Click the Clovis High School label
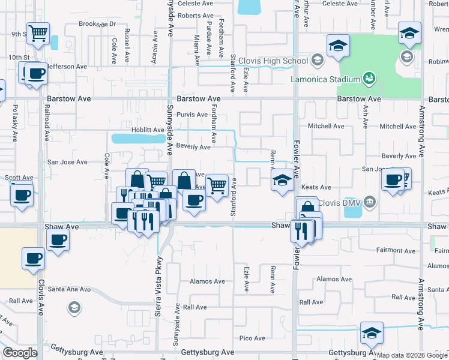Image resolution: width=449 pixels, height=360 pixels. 273,61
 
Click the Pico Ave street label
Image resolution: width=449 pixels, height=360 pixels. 253,338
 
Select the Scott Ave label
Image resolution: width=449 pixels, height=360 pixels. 19,178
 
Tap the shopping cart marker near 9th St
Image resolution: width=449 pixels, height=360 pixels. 38,34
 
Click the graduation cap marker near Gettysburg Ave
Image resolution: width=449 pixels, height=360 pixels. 372,333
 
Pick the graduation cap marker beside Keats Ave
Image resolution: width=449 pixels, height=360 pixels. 282,179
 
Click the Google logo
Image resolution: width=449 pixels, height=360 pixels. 20,353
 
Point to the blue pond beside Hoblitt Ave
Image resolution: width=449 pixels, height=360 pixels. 138,139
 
